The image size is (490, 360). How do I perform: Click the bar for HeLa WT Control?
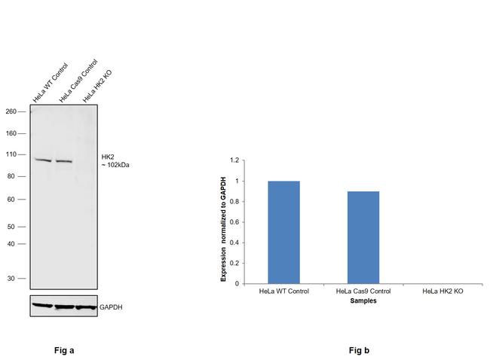tap(283, 232)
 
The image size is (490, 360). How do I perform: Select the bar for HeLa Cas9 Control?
tap(363, 237)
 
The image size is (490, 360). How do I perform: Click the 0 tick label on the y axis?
tap(236, 284)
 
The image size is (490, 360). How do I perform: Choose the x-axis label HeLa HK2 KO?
tap(444, 291)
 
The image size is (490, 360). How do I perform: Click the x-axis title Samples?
tap(363, 301)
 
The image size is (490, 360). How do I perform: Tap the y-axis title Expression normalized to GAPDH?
tap(224, 222)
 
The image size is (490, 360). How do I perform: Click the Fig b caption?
tap(359, 350)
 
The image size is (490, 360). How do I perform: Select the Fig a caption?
tap(64, 350)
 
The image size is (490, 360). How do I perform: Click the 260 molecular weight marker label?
tap(11, 111)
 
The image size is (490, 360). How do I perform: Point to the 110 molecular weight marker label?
tap(11, 154)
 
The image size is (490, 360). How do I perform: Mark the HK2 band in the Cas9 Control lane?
tap(64, 161)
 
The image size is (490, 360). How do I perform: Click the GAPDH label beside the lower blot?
tap(111, 307)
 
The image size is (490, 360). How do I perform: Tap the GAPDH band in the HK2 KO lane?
tap(86, 307)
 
